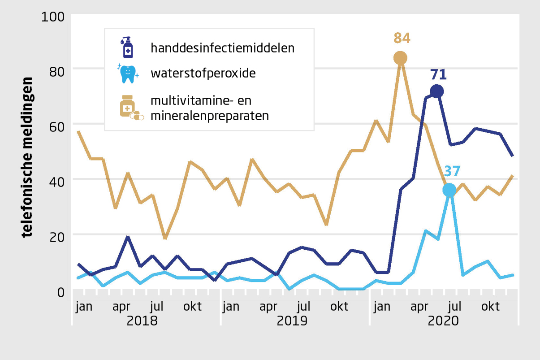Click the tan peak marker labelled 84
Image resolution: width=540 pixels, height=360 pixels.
400,58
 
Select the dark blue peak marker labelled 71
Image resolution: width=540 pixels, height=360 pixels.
436,91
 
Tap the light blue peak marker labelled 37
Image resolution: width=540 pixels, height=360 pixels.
449,190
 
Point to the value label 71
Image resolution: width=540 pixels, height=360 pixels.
439,74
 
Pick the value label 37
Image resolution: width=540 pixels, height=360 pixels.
452,172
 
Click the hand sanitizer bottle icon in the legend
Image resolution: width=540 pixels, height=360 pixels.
127,47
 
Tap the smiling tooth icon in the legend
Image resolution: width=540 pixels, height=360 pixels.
128,73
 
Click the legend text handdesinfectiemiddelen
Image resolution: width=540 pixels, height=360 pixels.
222,48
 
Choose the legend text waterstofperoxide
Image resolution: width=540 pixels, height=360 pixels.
203,73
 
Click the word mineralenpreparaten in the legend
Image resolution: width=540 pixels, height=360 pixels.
210,116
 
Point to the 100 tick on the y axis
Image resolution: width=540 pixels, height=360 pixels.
53,17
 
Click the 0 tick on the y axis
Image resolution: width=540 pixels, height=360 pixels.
60,291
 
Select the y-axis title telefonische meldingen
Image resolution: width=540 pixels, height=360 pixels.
27,157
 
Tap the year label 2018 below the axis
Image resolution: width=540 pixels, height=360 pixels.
143,321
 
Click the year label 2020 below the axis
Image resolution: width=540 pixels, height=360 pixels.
443,321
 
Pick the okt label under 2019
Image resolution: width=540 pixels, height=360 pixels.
339,307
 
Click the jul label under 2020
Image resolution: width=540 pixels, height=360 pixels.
454,307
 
